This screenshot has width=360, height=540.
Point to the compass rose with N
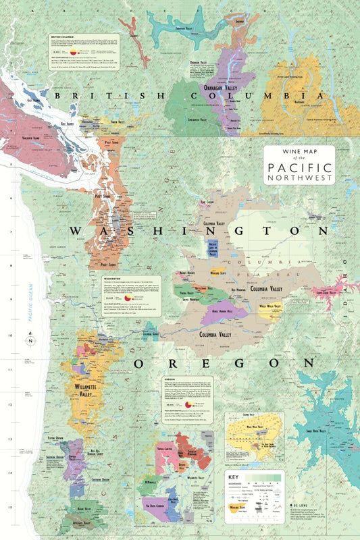point(29,341)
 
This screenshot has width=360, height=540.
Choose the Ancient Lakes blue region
point(213,249)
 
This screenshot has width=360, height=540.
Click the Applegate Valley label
point(72,522)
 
